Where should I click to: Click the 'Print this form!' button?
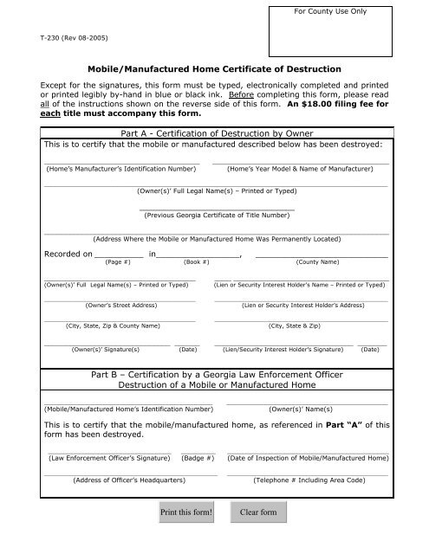(186, 512)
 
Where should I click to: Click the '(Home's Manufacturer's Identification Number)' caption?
(120, 170)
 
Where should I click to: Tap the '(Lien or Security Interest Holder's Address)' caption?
(302, 306)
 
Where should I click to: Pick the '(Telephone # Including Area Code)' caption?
(308, 479)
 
